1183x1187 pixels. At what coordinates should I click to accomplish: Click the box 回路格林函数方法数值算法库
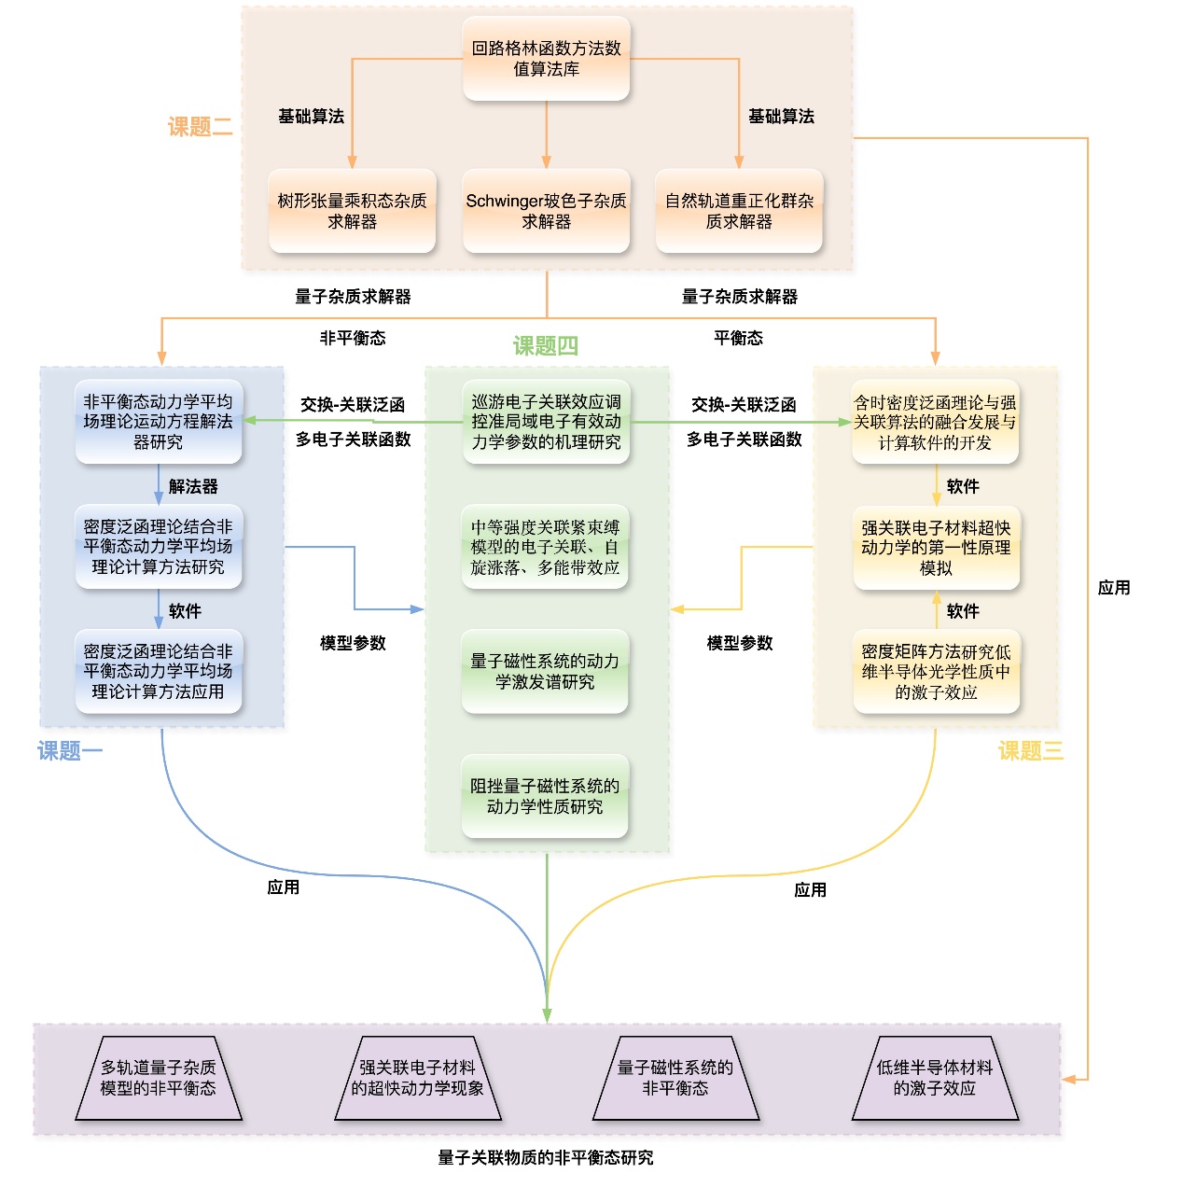546,58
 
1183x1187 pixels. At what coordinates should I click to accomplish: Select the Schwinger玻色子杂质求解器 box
546,211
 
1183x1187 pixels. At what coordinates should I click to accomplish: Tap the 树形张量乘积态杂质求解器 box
352,211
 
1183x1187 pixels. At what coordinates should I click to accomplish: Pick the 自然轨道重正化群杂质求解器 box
739,211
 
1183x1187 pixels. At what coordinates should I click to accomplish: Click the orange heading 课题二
200,127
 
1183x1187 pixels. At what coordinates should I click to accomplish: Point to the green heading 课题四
546,346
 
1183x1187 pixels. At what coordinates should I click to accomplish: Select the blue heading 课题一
70,751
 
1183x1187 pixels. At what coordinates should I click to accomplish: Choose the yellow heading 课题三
1030,751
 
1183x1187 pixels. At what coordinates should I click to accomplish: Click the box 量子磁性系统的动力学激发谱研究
545,672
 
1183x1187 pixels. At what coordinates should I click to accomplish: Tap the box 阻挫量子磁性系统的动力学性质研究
545,796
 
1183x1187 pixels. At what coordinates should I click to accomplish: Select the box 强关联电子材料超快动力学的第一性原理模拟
936,548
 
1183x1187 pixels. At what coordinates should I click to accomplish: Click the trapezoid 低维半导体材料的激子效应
935,1078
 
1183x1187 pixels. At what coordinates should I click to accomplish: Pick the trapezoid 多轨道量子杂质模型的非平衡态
159,1078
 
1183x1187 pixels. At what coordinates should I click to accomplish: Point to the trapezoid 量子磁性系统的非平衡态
675,1078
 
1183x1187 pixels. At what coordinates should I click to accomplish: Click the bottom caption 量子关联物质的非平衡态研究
546,1158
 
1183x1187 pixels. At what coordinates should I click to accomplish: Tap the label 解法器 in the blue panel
193,486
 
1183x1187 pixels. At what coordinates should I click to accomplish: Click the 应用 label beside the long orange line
1114,588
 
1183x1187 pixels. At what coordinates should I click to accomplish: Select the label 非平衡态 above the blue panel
353,338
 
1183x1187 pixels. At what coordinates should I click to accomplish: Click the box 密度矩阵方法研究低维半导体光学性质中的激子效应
936,672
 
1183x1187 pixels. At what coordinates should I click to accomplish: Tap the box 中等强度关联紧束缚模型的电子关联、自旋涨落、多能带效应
545,548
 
